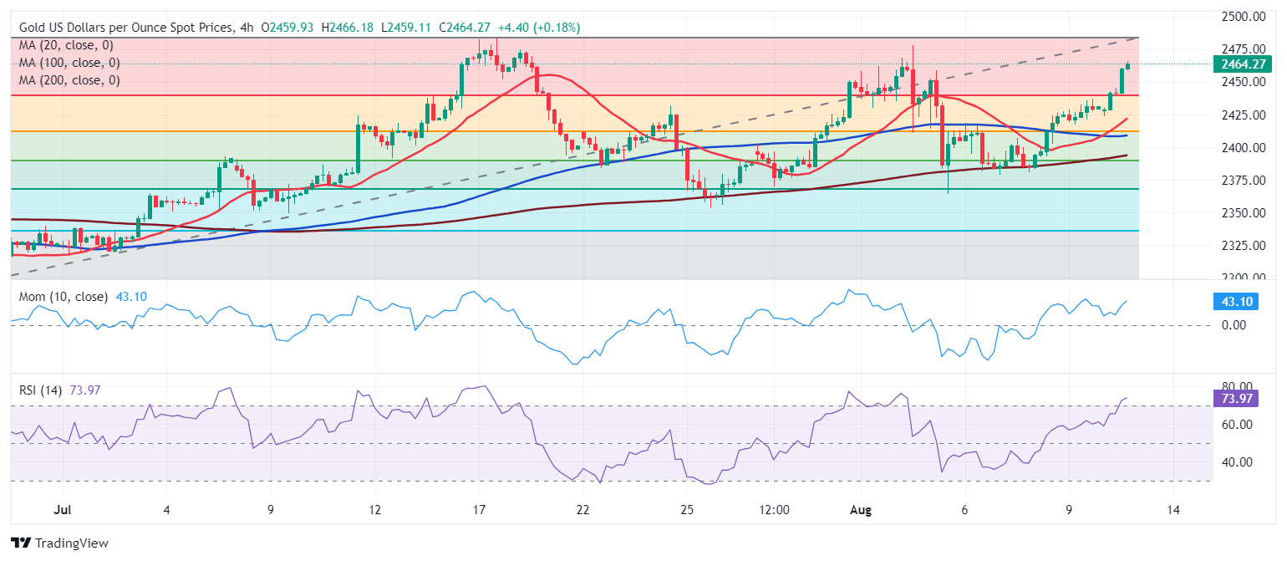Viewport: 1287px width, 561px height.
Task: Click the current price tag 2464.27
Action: pos(1244,64)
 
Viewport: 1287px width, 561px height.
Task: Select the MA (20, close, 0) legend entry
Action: pos(66,45)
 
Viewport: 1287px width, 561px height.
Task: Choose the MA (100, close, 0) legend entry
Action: pos(69,63)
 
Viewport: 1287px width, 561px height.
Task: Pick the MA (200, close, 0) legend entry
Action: pos(69,80)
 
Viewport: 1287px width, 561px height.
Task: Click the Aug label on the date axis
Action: pos(861,508)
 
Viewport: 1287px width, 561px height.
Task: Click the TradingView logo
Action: pos(60,543)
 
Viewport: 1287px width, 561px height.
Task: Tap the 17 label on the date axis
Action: pos(479,508)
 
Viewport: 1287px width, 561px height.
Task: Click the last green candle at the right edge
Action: pos(1128,65)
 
